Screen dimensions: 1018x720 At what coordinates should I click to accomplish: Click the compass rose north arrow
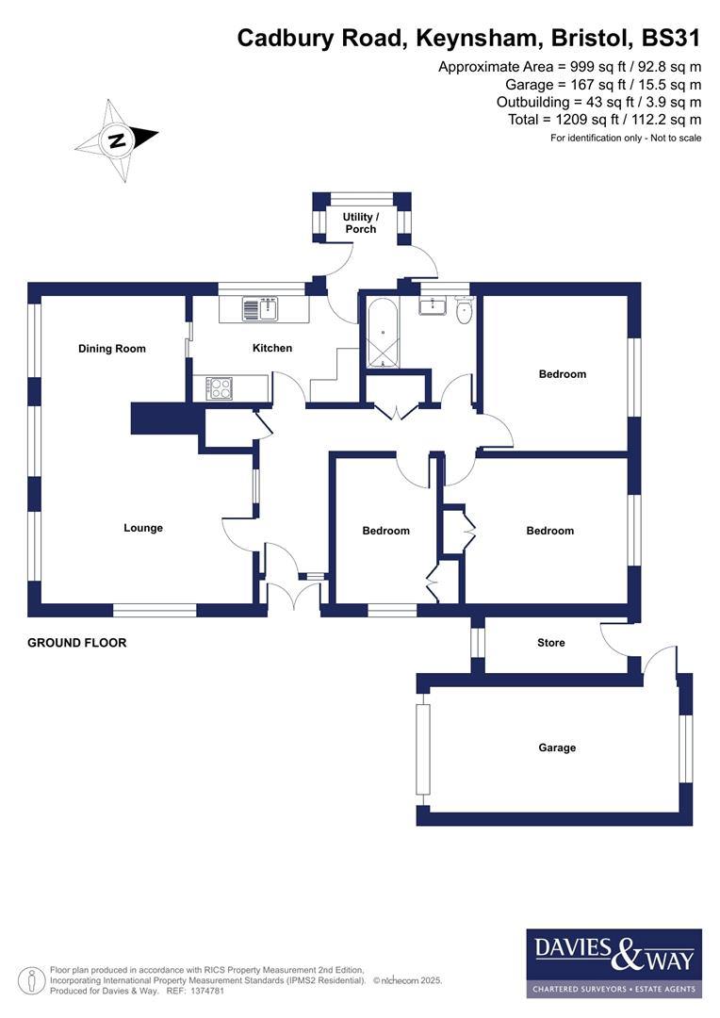coord(117,141)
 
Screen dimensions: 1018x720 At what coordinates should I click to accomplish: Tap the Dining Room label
coord(112,349)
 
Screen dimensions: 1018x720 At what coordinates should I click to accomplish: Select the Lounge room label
coord(143,528)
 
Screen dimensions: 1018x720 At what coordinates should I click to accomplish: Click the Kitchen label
coord(272,348)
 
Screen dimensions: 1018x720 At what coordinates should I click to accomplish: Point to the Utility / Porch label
coord(360,222)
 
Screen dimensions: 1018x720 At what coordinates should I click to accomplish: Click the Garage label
coord(557,747)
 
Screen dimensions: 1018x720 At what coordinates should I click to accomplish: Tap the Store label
coord(551,643)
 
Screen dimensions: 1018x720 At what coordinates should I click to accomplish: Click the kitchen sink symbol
coord(252,308)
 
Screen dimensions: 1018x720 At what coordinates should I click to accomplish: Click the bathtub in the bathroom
coord(383,335)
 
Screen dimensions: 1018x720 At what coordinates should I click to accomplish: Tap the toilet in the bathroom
coord(464,312)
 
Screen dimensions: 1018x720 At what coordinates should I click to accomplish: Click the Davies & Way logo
coord(614,962)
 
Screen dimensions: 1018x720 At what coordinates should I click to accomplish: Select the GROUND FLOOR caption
coord(76,643)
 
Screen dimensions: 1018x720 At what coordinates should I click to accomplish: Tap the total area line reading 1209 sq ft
coord(604,119)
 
